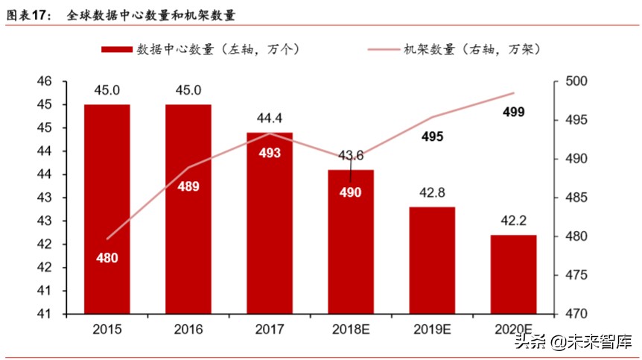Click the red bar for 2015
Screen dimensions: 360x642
[x=107, y=209]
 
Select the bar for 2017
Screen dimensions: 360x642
[x=270, y=224]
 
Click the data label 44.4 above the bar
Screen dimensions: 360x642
[x=270, y=118]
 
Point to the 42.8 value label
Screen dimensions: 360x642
[x=432, y=193]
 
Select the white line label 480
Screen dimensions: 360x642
[x=107, y=258]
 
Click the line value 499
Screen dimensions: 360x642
[x=513, y=113]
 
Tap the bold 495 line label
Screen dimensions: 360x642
[x=432, y=137]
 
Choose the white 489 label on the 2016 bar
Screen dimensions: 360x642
[x=188, y=186]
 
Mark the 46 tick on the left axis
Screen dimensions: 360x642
[x=45, y=81]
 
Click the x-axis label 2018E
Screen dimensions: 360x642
[x=351, y=328]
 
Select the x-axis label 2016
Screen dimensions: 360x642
[x=188, y=328]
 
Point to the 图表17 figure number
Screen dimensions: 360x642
[x=28, y=14]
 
